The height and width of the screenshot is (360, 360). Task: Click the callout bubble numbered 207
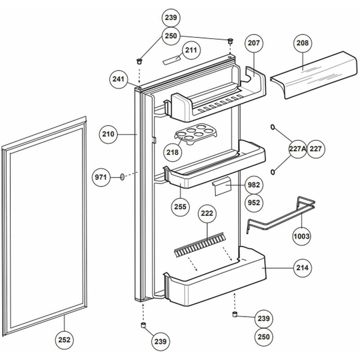[253, 44]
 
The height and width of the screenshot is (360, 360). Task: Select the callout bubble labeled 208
[302, 44]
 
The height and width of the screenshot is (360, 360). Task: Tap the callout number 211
[191, 50]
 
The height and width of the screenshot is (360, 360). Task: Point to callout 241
[118, 79]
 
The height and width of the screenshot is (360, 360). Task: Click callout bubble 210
[108, 134]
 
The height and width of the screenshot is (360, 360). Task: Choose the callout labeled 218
[172, 153]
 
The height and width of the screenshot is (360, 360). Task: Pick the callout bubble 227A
[297, 149]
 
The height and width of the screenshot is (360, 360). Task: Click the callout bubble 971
[101, 177]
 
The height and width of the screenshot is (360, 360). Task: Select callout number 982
[254, 185]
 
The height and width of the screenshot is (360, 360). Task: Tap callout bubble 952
[254, 203]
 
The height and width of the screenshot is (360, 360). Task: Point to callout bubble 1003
[301, 236]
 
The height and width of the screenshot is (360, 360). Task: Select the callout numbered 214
[302, 268]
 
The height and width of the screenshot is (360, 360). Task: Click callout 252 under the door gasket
[65, 340]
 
